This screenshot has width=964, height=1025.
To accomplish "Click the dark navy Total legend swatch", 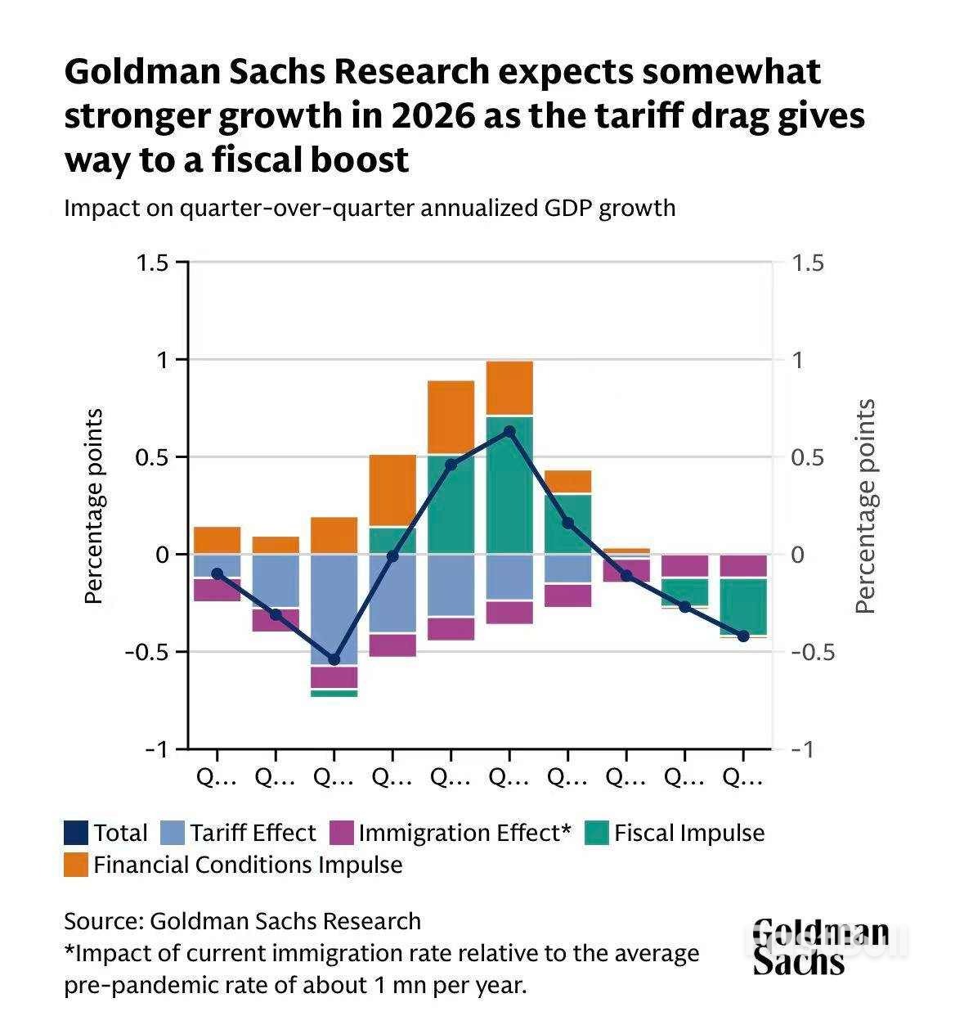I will (x=75, y=833).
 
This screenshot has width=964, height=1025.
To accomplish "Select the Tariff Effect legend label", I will (x=253, y=833).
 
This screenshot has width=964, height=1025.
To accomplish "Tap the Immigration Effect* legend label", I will (x=464, y=833).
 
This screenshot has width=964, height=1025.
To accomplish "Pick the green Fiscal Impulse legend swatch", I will (x=598, y=833).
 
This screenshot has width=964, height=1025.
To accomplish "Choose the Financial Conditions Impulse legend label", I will (x=248, y=865).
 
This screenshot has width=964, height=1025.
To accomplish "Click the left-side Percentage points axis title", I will (x=94, y=506).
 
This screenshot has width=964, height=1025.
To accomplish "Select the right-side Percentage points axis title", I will (x=865, y=506).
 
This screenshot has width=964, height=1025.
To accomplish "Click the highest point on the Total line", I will (x=509, y=431).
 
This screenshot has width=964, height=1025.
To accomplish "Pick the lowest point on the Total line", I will (x=334, y=659).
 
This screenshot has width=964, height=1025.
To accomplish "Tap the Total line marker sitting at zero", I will (x=392, y=556).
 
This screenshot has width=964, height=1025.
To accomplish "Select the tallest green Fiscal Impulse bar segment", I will (x=509, y=485).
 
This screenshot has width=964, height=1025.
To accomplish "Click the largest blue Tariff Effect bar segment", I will (x=334, y=609).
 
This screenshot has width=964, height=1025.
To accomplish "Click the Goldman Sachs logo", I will (x=820, y=946).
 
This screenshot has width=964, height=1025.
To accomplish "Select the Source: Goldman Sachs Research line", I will (x=242, y=921).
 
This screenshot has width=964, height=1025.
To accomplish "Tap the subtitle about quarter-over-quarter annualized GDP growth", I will (x=370, y=208).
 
